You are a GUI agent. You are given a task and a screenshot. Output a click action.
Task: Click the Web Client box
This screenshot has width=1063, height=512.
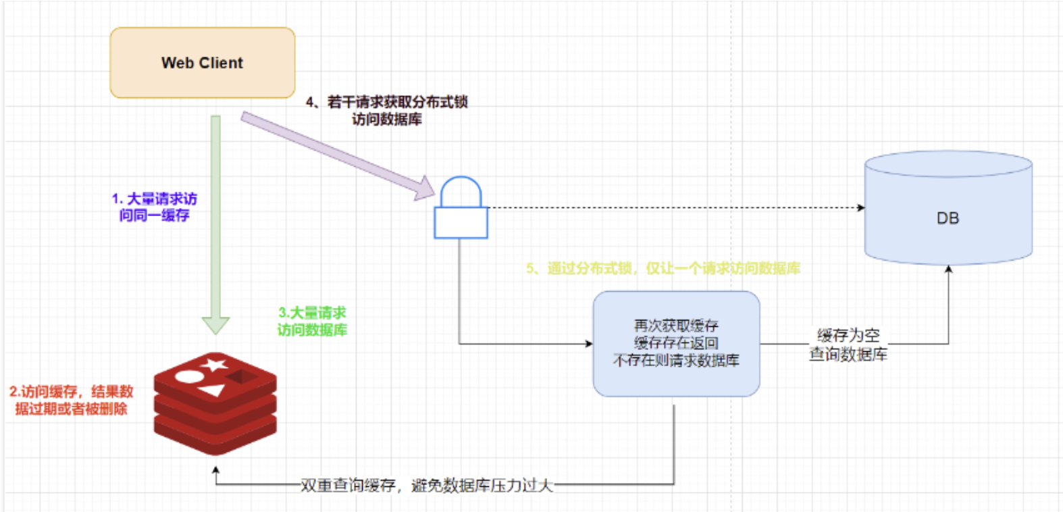click(x=203, y=63)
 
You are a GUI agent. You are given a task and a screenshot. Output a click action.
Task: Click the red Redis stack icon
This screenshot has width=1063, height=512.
click(x=215, y=403)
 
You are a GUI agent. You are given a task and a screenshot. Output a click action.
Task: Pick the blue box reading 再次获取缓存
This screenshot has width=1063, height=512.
click(x=676, y=344)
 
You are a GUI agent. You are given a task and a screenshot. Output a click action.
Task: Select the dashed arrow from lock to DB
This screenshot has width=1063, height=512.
click(x=675, y=207)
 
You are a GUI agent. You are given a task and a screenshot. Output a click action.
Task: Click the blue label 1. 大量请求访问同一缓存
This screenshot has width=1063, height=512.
click(x=155, y=207)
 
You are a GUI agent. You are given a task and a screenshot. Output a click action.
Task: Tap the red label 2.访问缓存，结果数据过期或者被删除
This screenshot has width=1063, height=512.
click(x=71, y=400)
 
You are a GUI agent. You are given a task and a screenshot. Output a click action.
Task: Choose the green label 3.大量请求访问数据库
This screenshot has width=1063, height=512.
click(x=312, y=321)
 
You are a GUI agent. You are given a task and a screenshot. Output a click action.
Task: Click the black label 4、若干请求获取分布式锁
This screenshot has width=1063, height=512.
click(x=386, y=110)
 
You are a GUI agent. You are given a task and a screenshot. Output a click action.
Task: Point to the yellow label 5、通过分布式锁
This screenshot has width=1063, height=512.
click(x=663, y=268)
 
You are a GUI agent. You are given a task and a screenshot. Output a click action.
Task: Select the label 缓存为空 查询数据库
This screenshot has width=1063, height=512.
click(x=848, y=344)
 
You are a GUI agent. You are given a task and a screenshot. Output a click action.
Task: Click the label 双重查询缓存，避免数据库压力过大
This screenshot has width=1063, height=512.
click(x=427, y=485)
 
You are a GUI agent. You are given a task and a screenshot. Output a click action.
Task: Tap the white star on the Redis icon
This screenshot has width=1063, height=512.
click(x=213, y=365)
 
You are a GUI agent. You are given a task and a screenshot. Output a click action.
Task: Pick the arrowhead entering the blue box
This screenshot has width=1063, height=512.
click(x=588, y=344)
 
